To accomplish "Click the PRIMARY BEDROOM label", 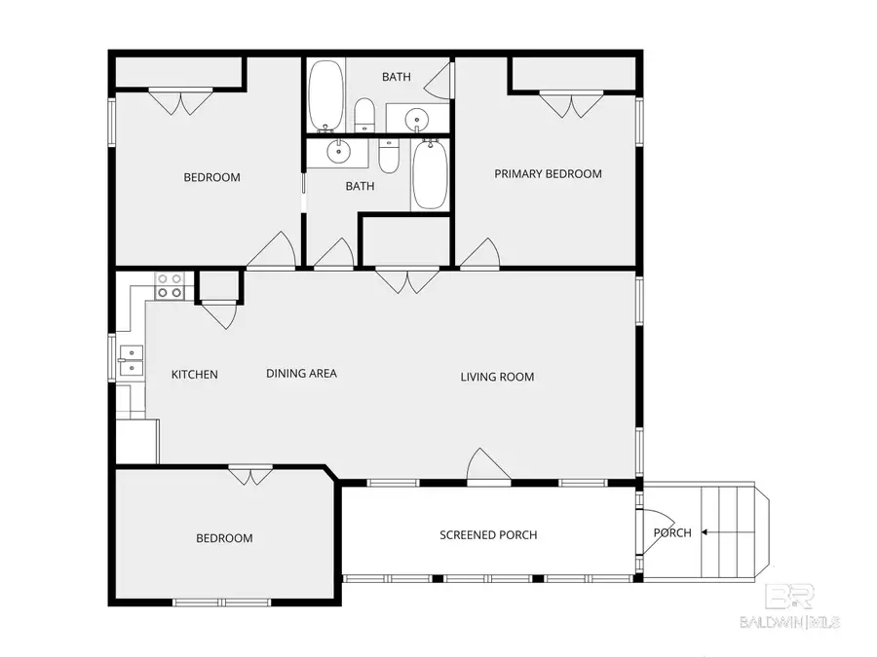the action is point(548,174).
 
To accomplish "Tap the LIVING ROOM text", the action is point(497,377).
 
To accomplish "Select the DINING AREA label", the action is point(301,373).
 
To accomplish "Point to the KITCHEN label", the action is point(195,375).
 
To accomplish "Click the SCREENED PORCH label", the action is point(488,535).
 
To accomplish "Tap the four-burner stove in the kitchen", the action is point(170,285).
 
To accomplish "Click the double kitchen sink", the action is point(131,361).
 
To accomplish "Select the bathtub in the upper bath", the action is point(326,95).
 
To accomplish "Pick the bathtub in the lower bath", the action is point(430,174).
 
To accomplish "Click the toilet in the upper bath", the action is point(364,115).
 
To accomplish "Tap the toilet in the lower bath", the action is point(388,156).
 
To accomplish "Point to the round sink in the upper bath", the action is point(417,119).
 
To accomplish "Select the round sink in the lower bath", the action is point(338,151).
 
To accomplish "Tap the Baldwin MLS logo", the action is point(789,606).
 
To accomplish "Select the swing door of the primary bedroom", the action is point(479,254).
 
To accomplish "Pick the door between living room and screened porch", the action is point(488,465).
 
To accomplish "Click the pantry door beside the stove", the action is point(219,315).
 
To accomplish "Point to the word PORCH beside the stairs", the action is point(672,533).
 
